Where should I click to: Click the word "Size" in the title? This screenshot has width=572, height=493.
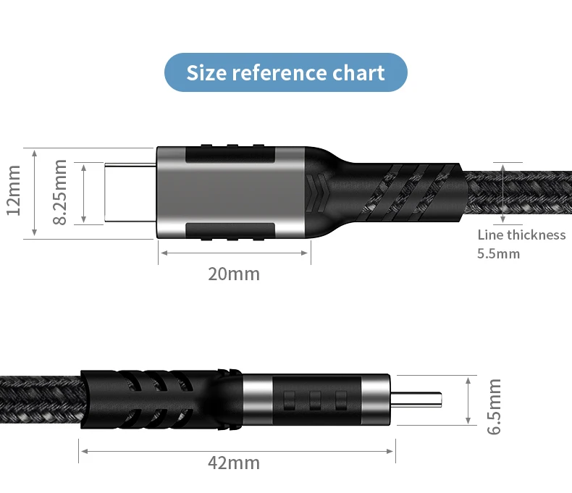[x=206, y=73]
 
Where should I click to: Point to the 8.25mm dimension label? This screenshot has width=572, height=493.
[x=61, y=193]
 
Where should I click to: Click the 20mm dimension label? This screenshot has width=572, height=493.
[x=233, y=274]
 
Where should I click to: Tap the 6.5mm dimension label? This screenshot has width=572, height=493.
[x=495, y=406]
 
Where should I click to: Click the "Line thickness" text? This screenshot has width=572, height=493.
[x=521, y=235]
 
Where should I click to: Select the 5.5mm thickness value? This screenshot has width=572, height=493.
[x=498, y=254]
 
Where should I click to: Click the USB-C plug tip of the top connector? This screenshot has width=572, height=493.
[x=130, y=193]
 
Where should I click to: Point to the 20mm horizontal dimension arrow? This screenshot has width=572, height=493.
[x=235, y=253]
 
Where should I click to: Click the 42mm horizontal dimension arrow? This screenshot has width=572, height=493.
[x=237, y=450]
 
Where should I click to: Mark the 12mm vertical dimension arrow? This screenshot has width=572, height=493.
[x=34, y=193]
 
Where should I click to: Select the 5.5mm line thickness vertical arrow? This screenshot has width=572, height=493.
[x=502, y=193]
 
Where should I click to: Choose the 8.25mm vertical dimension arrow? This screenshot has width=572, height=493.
[x=84, y=193]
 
